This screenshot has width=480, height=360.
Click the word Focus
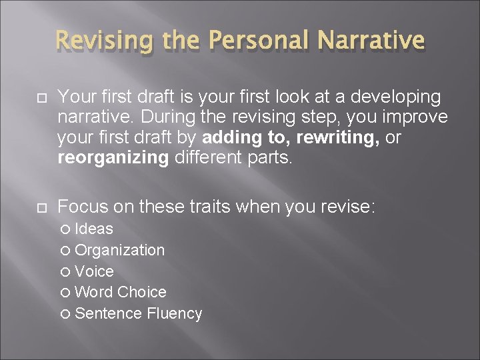tap(83, 207)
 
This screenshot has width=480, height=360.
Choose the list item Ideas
tap(94, 229)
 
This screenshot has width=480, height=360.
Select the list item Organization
tap(120, 251)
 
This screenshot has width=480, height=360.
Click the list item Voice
tap(94, 272)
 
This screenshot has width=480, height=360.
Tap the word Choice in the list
tap(142, 293)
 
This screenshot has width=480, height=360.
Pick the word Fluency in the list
tap(174, 314)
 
